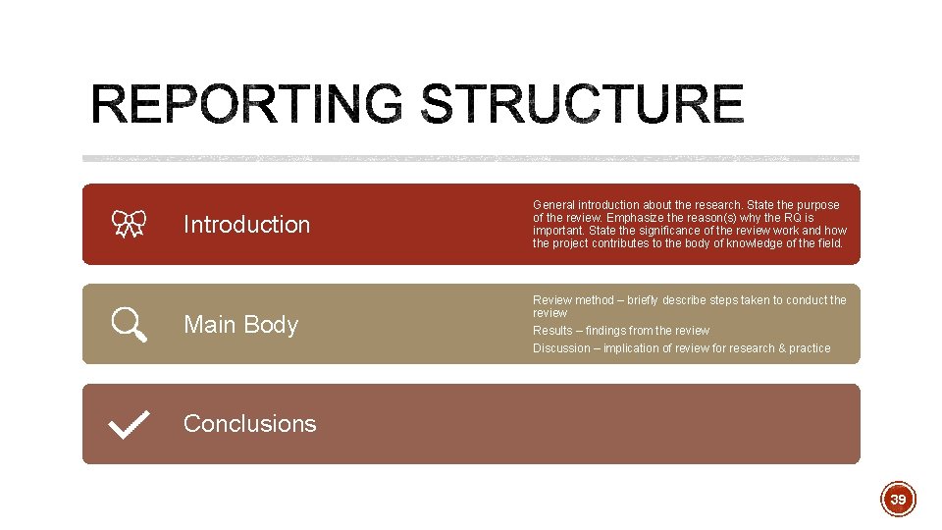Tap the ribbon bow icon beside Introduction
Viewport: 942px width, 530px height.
pyautogui.click(x=129, y=225)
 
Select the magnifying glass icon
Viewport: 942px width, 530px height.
pyautogui.click(x=130, y=324)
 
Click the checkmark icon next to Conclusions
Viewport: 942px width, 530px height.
pyautogui.click(x=130, y=424)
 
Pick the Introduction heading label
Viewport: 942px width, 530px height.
pyautogui.click(x=246, y=225)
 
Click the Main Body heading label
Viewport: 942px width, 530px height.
pyautogui.click(x=240, y=324)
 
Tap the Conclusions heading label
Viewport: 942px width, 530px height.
pyautogui.click(x=249, y=424)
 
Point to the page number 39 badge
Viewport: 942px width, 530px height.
pyautogui.click(x=897, y=500)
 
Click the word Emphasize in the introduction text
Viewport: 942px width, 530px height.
pyautogui.click(x=637, y=218)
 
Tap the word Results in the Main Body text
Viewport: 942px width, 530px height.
pyautogui.click(x=552, y=331)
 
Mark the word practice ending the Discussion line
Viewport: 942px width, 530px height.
pyautogui.click(x=811, y=348)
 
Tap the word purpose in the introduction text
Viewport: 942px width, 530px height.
pyautogui.click(x=818, y=205)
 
